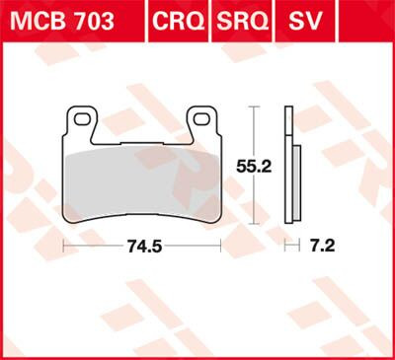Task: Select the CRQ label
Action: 179,20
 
